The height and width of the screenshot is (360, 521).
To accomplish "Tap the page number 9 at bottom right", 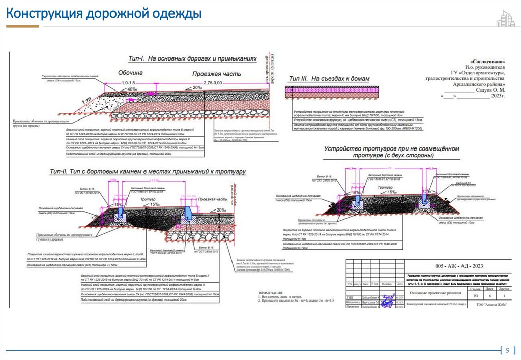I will click(x=506, y=350).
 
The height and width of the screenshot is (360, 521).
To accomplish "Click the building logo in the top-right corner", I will click(x=505, y=18).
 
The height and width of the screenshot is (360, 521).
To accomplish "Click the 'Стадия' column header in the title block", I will click(x=476, y=287).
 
